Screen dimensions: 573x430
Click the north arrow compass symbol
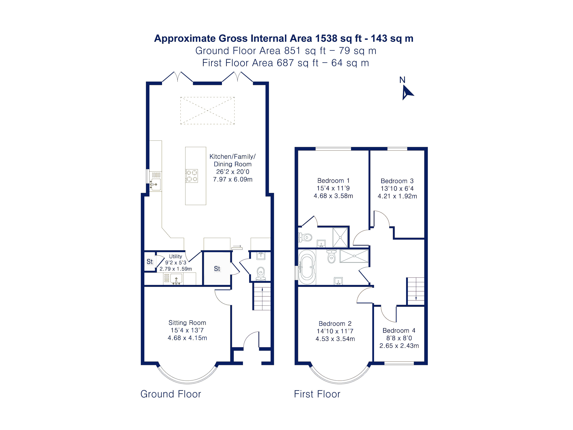tap(407, 92)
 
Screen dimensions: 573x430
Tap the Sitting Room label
tap(187, 323)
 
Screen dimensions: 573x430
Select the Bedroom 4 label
tap(399, 330)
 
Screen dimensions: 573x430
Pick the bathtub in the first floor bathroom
tap(307, 267)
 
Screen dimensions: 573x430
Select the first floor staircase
tap(416, 291)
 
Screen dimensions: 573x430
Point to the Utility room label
tap(175, 256)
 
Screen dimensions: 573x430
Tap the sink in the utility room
tap(176, 279)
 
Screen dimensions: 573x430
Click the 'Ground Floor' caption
tap(171, 394)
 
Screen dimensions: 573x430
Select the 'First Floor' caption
tap(317, 394)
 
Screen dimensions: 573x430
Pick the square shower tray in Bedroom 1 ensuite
tap(340, 237)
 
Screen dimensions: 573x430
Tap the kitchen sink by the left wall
tap(156, 184)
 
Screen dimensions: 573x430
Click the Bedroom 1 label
tap(333, 181)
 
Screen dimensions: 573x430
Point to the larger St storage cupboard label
tap(217, 269)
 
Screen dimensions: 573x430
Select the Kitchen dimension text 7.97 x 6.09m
tap(233, 179)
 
